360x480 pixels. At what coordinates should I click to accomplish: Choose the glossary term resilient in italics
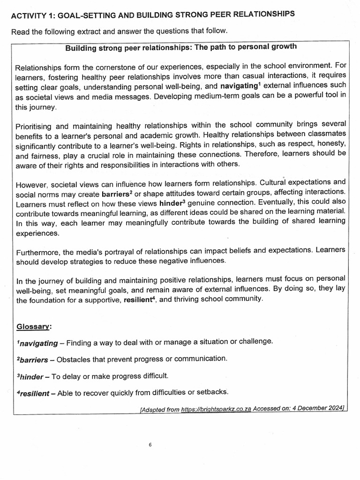click(x=33, y=393)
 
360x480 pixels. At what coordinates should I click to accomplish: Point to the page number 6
click(x=150, y=445)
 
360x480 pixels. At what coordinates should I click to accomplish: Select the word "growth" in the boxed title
click(x=284, y=47)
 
